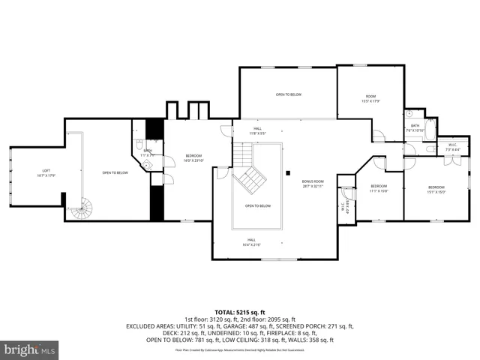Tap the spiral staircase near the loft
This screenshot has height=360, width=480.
point(82,208)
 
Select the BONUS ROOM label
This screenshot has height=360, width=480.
point(313,183)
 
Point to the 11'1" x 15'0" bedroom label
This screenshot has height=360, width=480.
point(379,188)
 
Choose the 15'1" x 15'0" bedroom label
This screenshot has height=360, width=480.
point(436,190)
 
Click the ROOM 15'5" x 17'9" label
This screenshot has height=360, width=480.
point(370,98)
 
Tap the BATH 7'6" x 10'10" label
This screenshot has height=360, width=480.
point(415,127)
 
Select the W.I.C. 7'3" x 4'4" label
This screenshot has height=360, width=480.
point(452,147)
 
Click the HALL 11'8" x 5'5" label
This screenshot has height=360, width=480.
point(257,132)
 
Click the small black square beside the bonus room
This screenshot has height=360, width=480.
point(287,174)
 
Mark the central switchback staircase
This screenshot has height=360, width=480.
point(249,178)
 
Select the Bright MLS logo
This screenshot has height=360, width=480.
point(30,349)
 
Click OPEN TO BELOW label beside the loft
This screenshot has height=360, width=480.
point(115,173)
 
